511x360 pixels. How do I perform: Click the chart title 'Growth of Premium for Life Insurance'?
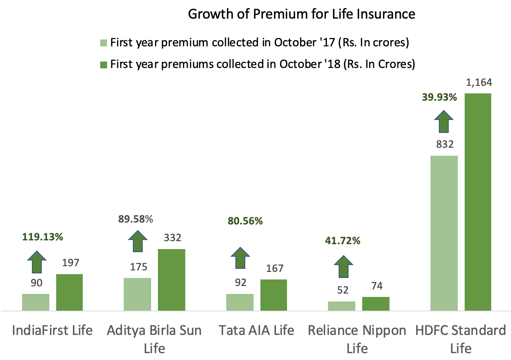tap(301, 14)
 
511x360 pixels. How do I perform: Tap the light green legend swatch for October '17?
tap(104, 43)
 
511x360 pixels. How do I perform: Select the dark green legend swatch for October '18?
tap(104, 65)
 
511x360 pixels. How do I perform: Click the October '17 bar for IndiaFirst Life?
tap(36, 302)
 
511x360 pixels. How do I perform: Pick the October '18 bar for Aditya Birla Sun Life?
tap(172, 280)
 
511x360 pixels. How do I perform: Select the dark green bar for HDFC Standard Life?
tap(478, 202)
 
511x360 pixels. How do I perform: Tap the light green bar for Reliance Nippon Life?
tap(342, 306)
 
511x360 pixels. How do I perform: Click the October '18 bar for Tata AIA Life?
tap(274, 295)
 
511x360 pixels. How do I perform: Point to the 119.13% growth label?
tap(43, 237)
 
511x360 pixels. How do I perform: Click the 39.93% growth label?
tap(439, 97)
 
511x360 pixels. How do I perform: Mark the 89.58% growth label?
tap(135, 219)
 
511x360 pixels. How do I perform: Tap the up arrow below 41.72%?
tap(344, 266)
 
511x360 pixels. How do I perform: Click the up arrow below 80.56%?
tap(241, 258)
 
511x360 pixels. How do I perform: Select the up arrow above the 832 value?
tap(444, 121)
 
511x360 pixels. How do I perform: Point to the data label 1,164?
tap(479, 82)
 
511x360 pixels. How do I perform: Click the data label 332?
tap(172, 238)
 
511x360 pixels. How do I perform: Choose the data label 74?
tap(377, 286)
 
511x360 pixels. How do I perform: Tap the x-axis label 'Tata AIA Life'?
tap(256, 330)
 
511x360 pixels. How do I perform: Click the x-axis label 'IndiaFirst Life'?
tap(52, 330)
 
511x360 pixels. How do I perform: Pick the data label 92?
tap(240, 283)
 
